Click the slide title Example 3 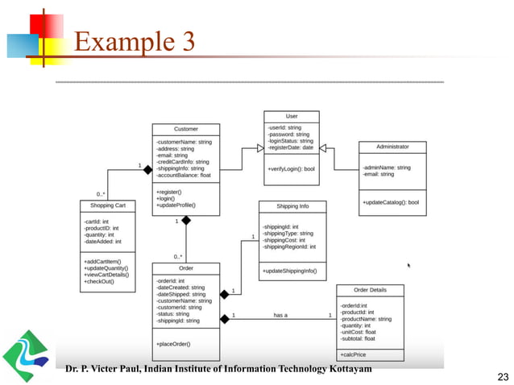(x=135, y=42)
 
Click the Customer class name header (x=186, y=129)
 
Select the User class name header (x=292, y=116)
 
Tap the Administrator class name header (x=392, y=147)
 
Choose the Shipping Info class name (x=291, y=207)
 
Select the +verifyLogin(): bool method (x=292, y=169)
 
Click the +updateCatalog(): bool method (x=391, y=202)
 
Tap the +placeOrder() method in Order (x=173, y=344)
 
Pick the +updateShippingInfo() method (x=289, y=271)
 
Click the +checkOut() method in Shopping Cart (x=98, y=281)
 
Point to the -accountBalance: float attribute (x=184, y=175)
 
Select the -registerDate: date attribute (x=291, y=147)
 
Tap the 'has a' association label (x=280, y=315)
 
